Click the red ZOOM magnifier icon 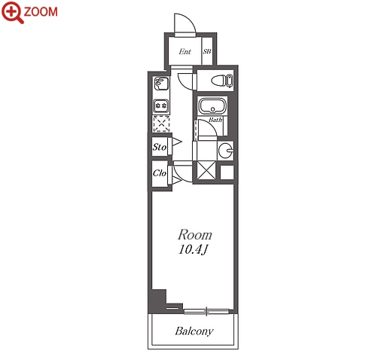coord(13,12)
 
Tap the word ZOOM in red coord(41,12)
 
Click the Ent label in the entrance coord(184,51)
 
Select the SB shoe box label coord(207,51)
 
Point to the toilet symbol coord(222,81)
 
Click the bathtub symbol coord(212,105)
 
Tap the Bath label coord(215,120)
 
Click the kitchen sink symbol coord(161,84)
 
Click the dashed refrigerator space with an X coord(161,124)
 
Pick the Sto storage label coord(160,147)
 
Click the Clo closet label coord(160,173)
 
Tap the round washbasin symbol coord(225,151)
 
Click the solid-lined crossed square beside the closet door coord(206,170)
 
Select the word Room coord(195,235)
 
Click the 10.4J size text coord(194,250)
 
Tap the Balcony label coord(194,331)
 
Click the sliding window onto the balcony coord(206,312)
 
